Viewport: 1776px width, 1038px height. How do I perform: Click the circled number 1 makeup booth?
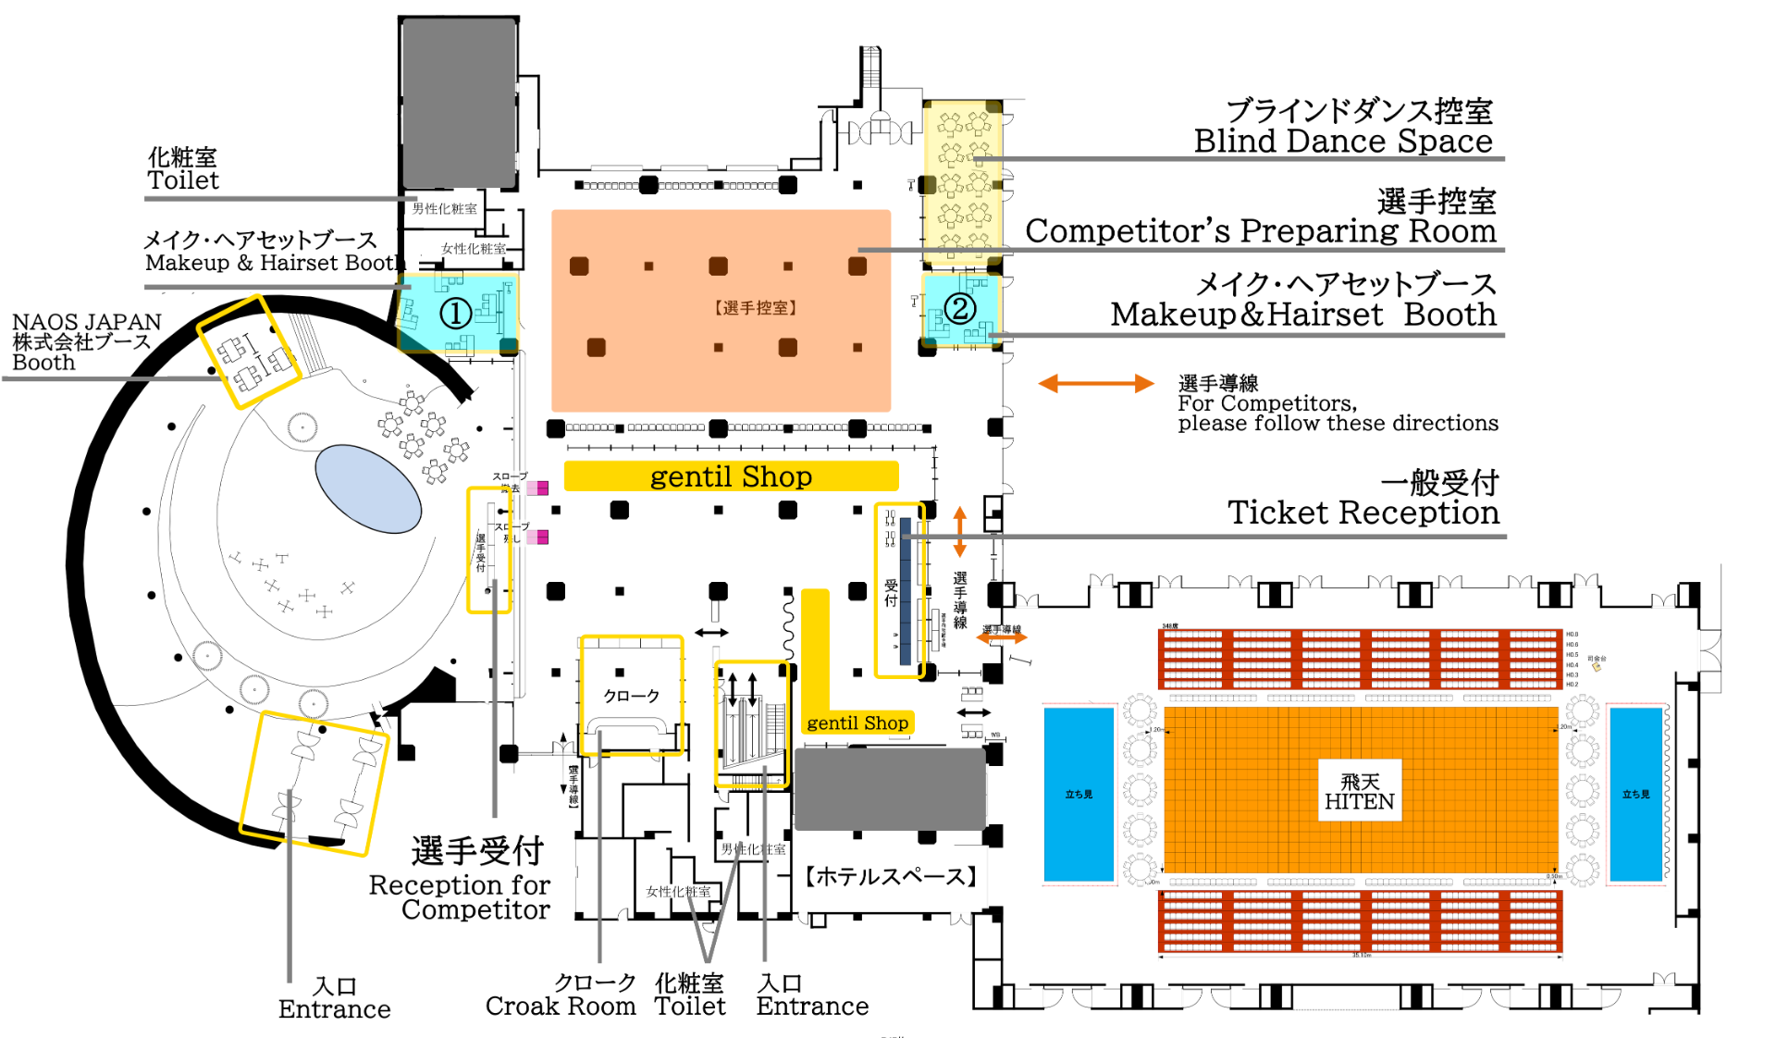[x=456, y=313]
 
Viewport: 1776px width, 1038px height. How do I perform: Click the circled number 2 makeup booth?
[x=960, y=308]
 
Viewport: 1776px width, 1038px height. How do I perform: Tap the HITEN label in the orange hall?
[x=1359, y=792]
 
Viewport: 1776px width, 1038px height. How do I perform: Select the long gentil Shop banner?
[x=731, y=476]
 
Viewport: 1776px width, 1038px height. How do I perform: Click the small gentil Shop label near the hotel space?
[x=857, y=723]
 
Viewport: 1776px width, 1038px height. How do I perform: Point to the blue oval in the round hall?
[x=368, y=488]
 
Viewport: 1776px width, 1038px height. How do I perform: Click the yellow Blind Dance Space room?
[x=963, y=181]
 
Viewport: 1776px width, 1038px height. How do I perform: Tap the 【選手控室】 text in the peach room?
[x=755, y=308]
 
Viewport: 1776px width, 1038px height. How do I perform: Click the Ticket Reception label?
[x=1363, y=513]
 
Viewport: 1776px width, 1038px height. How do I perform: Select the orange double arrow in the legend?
[x=1095, y=384]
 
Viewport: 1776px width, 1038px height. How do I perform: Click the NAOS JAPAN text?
[x=86, y=323]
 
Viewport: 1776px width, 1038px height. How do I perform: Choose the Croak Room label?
[x=561, y=1007]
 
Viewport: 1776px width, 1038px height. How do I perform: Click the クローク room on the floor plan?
[x=632, y=695]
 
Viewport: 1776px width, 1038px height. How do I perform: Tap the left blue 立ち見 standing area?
[x=1079, y=794]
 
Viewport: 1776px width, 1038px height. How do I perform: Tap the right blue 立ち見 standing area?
[x=1635, y=794]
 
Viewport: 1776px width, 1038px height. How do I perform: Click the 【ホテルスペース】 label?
[x=891, y=876]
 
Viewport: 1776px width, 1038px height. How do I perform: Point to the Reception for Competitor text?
[x=460, y=897]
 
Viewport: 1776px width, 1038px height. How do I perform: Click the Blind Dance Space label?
[x=1343, y=142]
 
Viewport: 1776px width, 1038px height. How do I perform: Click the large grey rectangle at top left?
[x=459, y=102]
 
